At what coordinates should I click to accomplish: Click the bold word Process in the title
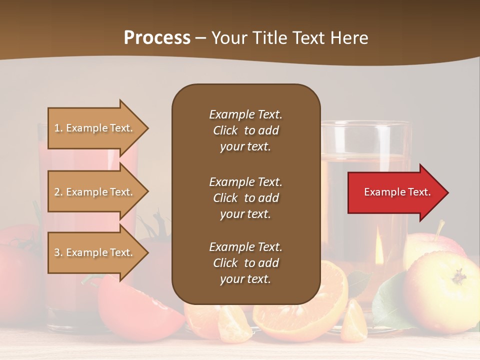pyautogui.click(x=157, y=38)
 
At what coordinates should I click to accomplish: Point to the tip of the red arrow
pyautogui.click(x=447, y=192)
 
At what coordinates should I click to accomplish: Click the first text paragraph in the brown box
pyautogui.click(x=245, y=130)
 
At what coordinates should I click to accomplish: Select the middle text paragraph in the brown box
pyautogui.click(x=245, y=198)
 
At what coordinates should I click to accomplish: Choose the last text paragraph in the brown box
pyautogui.click(x=245, y=263)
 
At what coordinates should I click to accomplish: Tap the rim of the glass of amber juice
pyautogui.click(x=365, y=123)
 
